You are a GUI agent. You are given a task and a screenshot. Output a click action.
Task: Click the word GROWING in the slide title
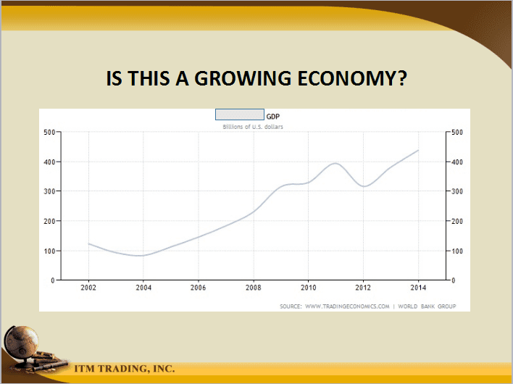(243, 78)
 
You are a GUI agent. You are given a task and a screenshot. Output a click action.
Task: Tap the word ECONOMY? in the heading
(352, 78)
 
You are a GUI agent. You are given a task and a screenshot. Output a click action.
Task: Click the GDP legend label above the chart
(273, 117)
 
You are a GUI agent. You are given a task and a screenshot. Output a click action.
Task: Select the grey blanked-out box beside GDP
(240, 114)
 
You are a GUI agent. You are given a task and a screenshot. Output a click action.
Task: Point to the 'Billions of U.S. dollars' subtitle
(253, 127)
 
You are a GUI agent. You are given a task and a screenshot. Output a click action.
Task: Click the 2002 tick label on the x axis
(88, 288)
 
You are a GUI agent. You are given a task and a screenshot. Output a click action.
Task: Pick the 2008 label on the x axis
(254, 288)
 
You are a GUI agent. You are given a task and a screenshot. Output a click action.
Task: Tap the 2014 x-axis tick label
(419, 288)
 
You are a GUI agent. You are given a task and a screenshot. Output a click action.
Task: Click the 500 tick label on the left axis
(49, 132)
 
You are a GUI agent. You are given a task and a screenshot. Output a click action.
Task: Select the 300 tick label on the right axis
(457, 191)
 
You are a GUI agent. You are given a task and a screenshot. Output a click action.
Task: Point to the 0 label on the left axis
(53, 280)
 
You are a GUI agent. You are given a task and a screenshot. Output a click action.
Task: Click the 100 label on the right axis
(457, 251)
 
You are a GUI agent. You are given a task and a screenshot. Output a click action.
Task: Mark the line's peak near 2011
(335, 163)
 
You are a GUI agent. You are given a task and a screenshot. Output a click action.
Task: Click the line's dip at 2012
(364, 186)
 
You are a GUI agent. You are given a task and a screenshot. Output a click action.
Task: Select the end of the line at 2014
(418, 150)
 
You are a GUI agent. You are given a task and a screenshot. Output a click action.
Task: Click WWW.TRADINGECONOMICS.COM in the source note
(347, 306)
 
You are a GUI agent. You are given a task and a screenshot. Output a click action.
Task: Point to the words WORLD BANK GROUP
(427, 306)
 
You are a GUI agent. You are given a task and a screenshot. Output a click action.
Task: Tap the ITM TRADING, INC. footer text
(125, 369)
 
